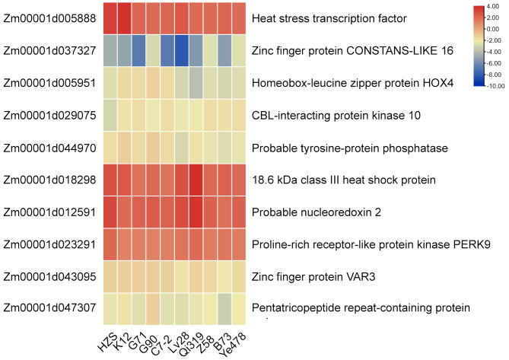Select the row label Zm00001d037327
[49, 50]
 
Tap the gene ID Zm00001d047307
[49, 308]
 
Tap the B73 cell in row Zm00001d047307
[224, 308]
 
